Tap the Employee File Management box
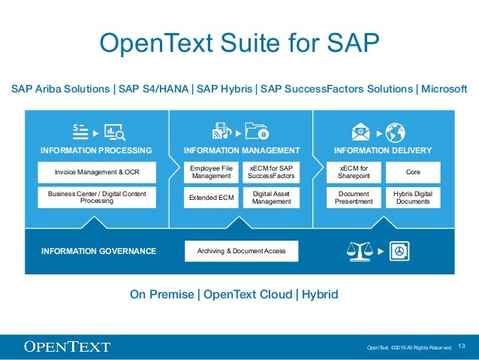click(x=211, y=172)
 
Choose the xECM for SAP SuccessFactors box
click(x=271, y=172)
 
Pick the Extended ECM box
click(x=211, y=198)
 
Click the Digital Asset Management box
click(x=271, y=198)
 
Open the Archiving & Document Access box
click(x=242, y=250)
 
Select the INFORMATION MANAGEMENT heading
click(x=242, y=150)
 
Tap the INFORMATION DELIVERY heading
click(x=383, y=150)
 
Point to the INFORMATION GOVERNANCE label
click(x=98, y=251)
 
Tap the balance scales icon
click(x=360, y=250)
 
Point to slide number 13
click(x=462, y=346)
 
